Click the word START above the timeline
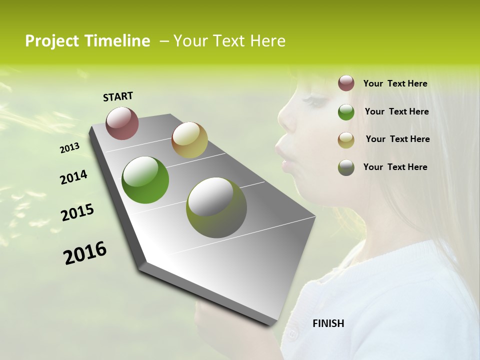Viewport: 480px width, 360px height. point(118,96)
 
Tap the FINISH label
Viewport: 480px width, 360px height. point(328,323)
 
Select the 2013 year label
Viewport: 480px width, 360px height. point(69,148)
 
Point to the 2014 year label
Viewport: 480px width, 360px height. point(73,177)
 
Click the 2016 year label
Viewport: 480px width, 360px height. point(85,253)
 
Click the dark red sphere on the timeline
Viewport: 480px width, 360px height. point(122,123)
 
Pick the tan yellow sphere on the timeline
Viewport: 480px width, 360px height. point(189,140)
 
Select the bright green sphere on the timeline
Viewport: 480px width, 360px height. point(145,180)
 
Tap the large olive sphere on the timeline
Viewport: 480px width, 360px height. point(216,207)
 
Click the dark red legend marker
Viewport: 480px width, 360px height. point(346,83)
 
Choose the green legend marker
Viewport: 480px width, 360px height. point(346,112)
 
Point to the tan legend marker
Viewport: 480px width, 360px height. point(346,139)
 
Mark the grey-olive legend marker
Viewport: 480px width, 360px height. point(346,167)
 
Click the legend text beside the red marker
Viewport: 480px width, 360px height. point(395,83)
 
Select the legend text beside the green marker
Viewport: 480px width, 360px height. point(396,111)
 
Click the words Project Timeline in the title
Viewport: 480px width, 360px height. point(87,41)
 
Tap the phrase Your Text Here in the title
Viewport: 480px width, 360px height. point(229,41)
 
